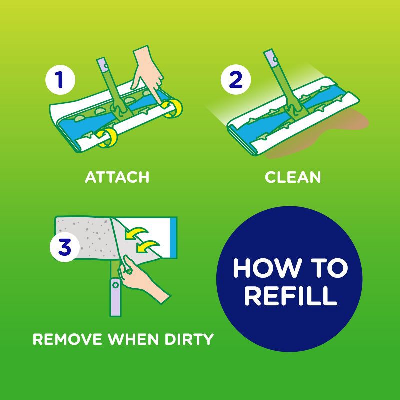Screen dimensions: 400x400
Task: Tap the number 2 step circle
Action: [234, 80]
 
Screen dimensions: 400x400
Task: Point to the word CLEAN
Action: [292, 177]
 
